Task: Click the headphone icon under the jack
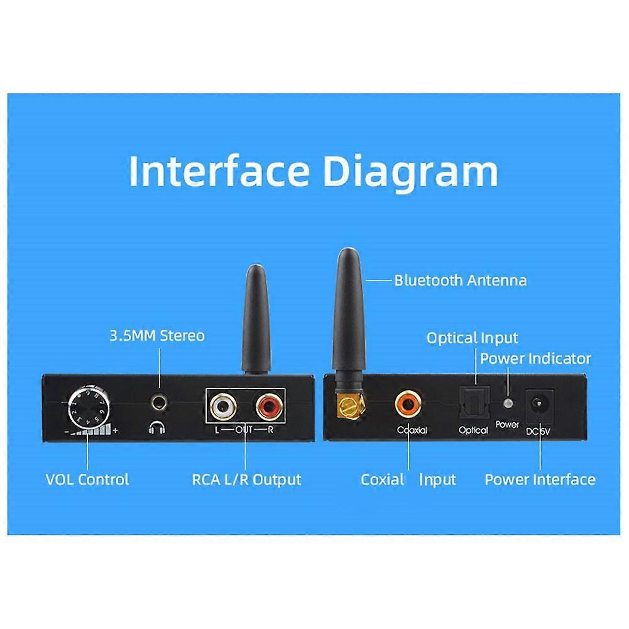[x=157, y=428]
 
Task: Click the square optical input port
[x=474, y=402]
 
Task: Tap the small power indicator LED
[x=508, y=403]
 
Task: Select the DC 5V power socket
[x=540, y=405]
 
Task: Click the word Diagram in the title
[x=411, y=172]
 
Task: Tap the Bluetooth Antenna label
[x=461, y=280]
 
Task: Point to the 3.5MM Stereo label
[x=157, y=336]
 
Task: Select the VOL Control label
[x=87, y=479]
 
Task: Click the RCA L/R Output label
[x=246, y=479]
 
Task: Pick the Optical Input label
[x=472, y=338]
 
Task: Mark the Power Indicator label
[x=535, y=359]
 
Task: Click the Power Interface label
[x=540, y=479]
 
